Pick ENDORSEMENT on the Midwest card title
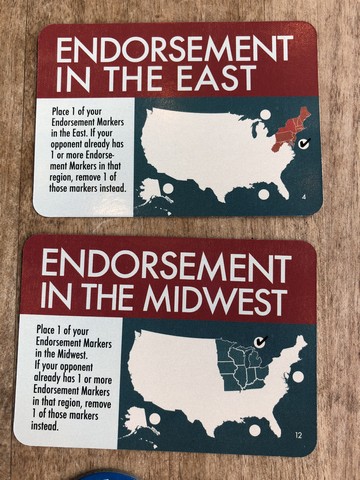[x=166, y=267]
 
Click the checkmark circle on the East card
[x=304, y=144]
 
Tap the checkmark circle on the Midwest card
[x=260, y=342]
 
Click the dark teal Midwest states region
[x=240, y=366]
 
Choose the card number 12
[x=298, y=435]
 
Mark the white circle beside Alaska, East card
[x=168, y=188]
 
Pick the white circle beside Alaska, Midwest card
[x=154, y=418]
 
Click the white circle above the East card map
[x=265, y=114]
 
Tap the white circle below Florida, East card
[x=263, y=194]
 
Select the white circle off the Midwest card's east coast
[x=297, y=376]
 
